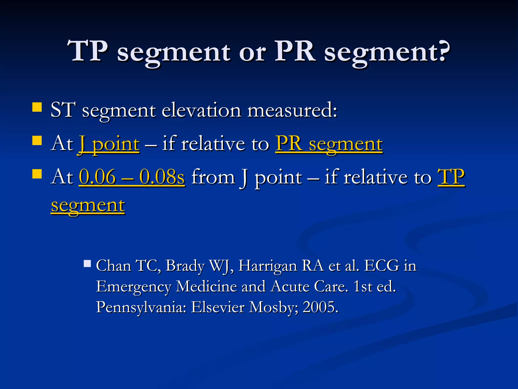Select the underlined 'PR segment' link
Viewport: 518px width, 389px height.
(329, 144)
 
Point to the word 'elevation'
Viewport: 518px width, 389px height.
(201, 110)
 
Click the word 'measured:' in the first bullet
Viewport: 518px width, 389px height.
(292, 110)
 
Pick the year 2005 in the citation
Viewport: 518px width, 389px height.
(320, 307)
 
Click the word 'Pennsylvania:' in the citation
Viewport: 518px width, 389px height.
(141, 307)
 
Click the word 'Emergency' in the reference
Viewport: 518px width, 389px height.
(134, 287)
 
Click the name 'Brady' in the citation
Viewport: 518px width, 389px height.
(185, 266)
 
